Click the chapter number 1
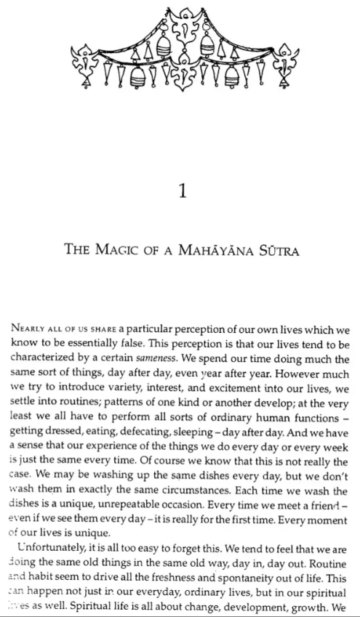coord(183,192)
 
